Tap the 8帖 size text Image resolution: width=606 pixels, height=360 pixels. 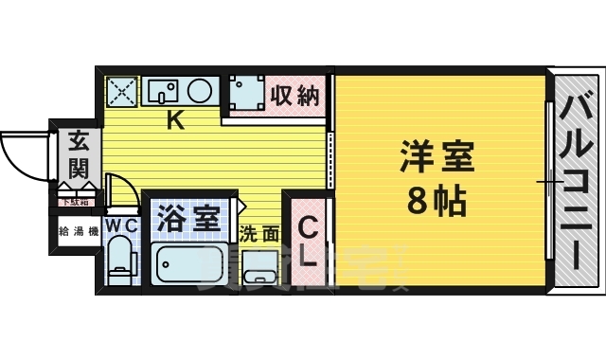[437, 200]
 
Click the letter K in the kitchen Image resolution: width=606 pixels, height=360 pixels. [175, 120]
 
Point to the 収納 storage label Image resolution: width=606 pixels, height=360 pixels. [294, 96]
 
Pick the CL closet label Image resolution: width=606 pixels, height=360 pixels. [308, 242]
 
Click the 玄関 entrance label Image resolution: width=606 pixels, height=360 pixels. [77, 155]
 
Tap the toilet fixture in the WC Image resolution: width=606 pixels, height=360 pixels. [120, 261]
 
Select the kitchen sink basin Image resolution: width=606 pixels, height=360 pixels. [164, 92]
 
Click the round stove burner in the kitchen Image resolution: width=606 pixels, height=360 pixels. [200, 92]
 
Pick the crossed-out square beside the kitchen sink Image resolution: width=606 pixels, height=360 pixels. [121, 92]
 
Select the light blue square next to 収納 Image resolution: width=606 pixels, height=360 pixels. [245, 96]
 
